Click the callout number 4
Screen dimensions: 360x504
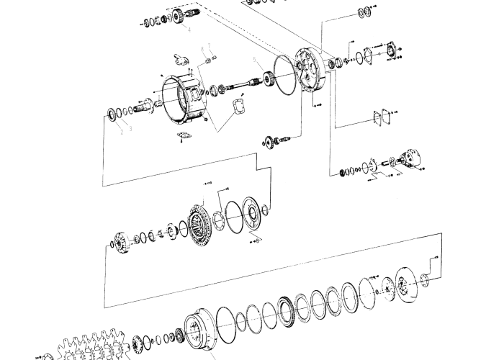pos(188,30)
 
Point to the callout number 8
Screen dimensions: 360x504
pos(202,50)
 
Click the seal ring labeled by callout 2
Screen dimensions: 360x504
pos(114,114)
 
